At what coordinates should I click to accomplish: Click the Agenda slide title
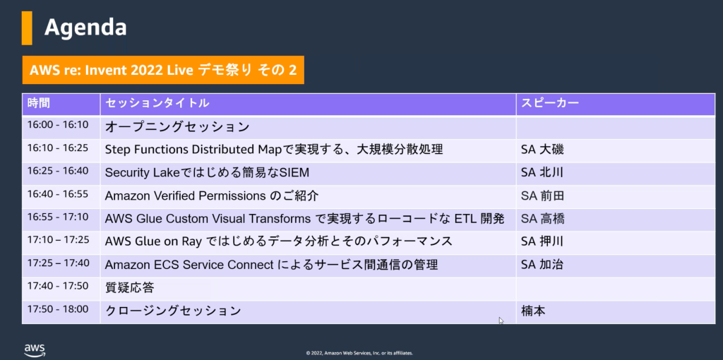tap(85, 28)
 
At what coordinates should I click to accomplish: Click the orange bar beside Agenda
tap(27, 28)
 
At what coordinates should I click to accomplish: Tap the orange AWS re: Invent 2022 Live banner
tap(163, 70)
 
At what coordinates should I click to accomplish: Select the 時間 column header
tap(39, 103)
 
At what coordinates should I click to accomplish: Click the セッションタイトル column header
tap(157, 103)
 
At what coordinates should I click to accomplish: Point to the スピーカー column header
tap(550, 103)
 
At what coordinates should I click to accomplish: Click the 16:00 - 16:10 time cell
tap(58, 126)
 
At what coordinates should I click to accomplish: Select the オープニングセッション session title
tap(177, 127)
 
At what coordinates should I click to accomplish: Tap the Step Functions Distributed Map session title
tap(274, 149)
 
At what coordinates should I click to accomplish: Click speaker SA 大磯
tap(542, 149)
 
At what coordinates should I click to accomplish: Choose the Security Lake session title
tap(207, 172)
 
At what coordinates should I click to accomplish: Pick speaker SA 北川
tap(542, 172)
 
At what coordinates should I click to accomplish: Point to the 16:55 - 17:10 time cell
tap(58, 218)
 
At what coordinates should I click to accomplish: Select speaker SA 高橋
tap(542, 219)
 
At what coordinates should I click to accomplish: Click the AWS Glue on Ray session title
tap(278, 241)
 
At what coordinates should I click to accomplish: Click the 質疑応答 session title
tap(129, 287)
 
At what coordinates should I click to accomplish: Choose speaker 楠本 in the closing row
tap(533, 311)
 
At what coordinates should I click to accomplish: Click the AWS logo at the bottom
tap(35, 349)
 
